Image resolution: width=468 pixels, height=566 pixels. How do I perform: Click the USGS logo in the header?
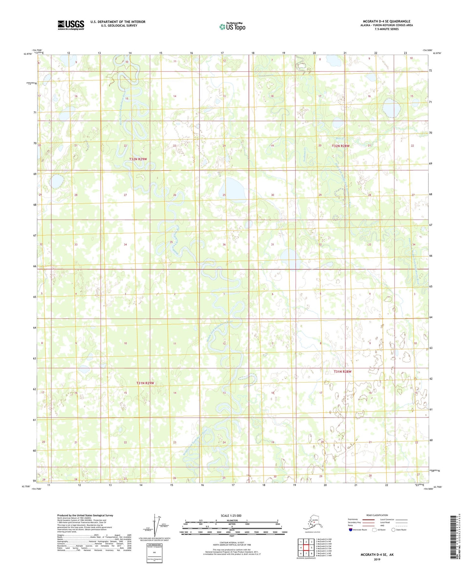71,25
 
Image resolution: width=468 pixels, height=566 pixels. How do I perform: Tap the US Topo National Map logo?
232,26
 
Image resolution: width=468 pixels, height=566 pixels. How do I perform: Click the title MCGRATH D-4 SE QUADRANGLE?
386,21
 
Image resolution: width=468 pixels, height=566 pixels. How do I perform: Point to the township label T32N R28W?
340,146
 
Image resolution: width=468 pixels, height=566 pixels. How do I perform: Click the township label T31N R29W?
145,383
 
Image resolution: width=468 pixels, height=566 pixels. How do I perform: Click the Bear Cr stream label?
339,138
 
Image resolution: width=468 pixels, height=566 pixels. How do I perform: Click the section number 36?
224,244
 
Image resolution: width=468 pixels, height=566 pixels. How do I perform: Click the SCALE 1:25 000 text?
231,516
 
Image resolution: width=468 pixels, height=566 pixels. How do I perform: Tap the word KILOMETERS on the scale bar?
231,520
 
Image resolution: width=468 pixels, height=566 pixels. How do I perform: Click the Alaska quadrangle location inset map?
312,523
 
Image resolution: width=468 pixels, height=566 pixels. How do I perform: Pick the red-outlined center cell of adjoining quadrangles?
306,548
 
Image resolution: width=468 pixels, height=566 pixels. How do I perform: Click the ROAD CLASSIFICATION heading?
377,515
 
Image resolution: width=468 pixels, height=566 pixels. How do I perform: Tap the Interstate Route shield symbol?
350,530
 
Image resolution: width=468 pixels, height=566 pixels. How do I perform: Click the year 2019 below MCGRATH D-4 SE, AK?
377,560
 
